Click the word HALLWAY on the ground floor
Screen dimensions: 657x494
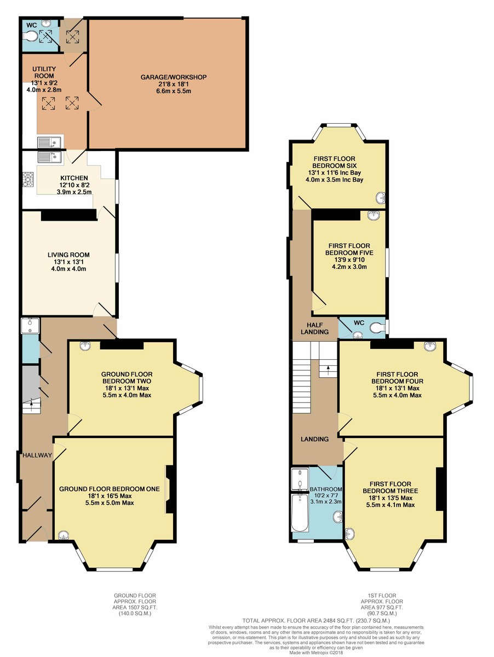click(37, 455)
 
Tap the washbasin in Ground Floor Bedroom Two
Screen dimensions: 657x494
click(85, 345)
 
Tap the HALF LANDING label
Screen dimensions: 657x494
click(314, 328)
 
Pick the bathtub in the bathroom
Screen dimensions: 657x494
click(300, 512)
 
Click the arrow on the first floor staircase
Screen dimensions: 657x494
click(328, 367)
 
